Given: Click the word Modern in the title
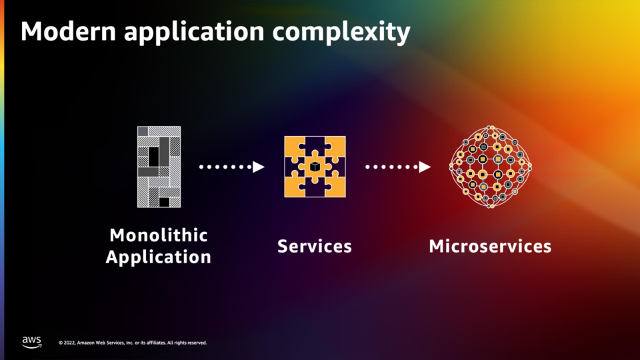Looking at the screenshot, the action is [69, 31].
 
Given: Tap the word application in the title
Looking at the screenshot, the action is [194, 32].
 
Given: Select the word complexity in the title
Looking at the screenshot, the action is [341, 32].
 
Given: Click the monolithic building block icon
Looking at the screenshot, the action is [159, 167].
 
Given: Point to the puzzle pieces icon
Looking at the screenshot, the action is [315, 167].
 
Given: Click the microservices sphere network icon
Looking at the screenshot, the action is [491, 167].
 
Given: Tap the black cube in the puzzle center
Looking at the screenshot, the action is [315, 167].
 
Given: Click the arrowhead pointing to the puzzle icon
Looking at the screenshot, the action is [259, 167].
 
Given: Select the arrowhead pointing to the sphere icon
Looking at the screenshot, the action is [425, 167].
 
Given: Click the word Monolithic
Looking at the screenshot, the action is [159, 235].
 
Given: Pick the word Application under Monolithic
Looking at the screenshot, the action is [159, 257].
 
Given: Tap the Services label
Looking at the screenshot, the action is [315, 246].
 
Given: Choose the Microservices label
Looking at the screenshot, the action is [490, 246].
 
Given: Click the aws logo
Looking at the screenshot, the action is [31, 342].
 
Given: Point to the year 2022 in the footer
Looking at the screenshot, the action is [69, 343].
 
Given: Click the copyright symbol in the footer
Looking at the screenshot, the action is [61, 343].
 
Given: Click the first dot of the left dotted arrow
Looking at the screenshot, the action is [201, 167].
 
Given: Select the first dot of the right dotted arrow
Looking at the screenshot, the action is [367, 167].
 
